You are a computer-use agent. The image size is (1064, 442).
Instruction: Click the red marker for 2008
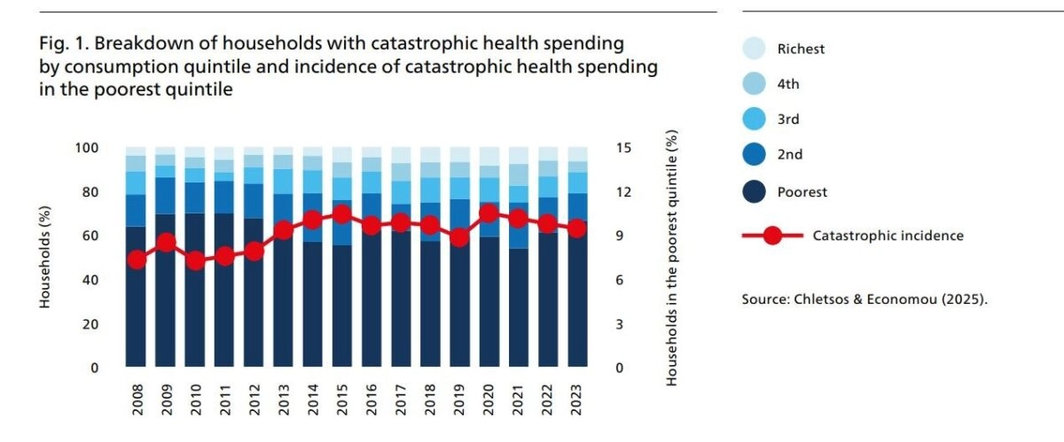point(136,260)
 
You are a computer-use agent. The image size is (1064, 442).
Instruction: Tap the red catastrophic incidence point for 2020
point(488,213)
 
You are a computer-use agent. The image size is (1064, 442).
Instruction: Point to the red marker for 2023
point(576,229)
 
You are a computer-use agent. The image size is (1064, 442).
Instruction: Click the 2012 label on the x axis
point(254,398)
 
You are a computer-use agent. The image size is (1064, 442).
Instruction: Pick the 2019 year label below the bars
point(459,398)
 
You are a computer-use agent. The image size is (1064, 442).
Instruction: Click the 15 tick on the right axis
point(623,148)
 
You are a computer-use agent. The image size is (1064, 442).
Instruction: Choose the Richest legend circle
point(753,50)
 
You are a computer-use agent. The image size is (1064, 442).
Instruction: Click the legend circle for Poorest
point(753,191)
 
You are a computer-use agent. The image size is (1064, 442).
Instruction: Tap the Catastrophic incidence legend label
point(888,236)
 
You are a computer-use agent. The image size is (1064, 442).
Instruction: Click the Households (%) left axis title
point(44,258)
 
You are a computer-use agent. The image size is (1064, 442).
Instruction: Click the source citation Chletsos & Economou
point(864,299)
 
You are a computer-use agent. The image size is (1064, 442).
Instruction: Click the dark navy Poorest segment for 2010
point(194,292)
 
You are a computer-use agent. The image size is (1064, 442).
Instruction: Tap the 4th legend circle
point(753,85)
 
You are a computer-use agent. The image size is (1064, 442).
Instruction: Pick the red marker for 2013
point(283,230)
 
